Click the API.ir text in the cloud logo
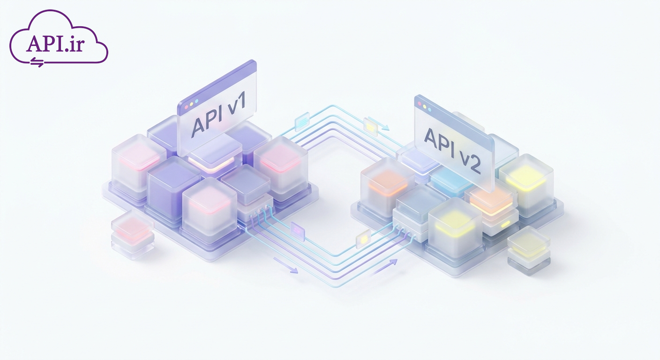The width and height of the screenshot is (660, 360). [55, 44]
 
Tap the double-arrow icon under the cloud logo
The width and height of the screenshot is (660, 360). [37, 62]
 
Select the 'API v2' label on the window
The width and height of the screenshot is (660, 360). [452, 151]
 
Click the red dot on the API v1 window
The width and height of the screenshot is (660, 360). [186, 107]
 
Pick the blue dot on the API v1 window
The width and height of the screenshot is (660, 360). [196, 101]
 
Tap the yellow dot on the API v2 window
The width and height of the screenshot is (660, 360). [425, 107]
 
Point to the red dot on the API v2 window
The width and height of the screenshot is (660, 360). [420, 104]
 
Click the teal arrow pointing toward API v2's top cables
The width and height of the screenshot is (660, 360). [379, 123]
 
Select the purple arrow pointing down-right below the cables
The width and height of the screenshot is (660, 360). [285, 265]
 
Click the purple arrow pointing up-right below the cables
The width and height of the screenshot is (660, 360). [383, 268]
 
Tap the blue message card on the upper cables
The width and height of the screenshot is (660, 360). [302, 121]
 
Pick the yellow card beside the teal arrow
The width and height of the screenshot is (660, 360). [370, 127]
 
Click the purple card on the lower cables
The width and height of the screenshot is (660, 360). [297, 232]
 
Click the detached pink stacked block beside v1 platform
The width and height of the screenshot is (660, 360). [133, 234]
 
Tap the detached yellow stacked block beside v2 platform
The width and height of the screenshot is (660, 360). [529, 251]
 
